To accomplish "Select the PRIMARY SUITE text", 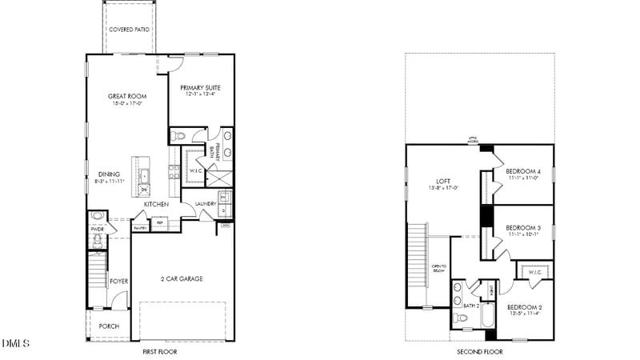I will [201, 87].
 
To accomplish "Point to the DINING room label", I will [110, 174].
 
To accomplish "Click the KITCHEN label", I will [156, 205].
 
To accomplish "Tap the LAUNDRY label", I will [206, 204].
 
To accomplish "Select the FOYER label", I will [119, 281].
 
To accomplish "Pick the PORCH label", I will [109, 326].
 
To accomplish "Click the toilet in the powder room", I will [98, 216].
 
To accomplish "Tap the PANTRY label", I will [140, 228].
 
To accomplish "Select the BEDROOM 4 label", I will [523, 171].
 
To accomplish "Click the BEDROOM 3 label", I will [523, 228].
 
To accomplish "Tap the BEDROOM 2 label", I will [525, 307].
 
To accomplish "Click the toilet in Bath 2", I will [459, 318].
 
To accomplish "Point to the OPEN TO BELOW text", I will [438, 268].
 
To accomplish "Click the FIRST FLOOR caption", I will [159, 352].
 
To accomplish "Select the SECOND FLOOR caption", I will [479, 352].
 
